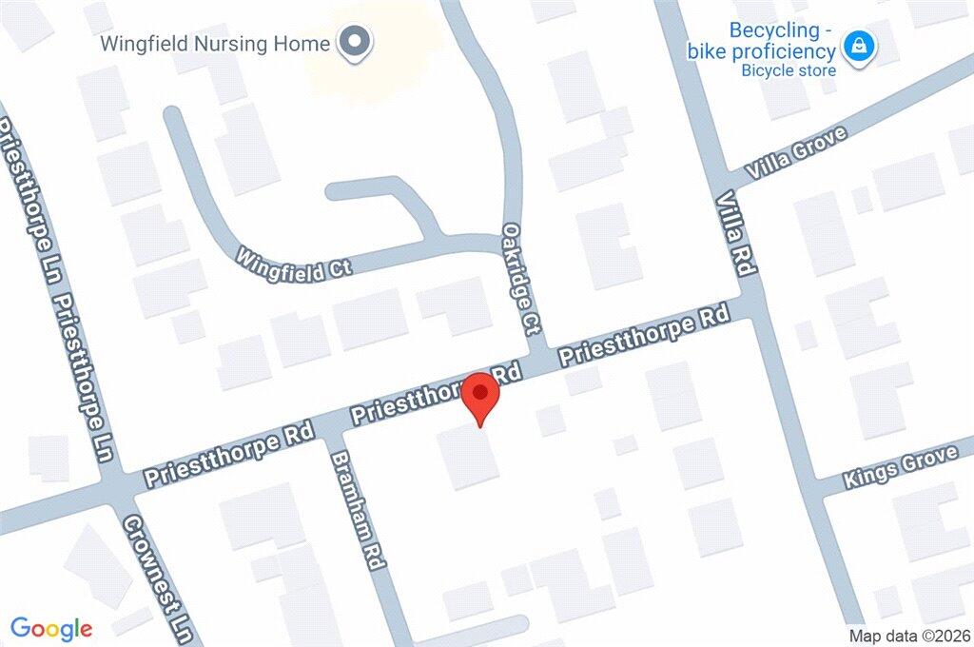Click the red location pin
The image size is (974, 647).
pos(481,396)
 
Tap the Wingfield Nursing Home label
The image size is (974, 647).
pos(216,43)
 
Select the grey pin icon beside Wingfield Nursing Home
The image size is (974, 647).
pos(357,42)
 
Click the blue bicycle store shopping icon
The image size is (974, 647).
pos(859,45)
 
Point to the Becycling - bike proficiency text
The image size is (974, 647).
pos(762,40)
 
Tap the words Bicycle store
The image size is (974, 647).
pos(789,70)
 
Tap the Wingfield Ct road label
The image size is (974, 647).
pos(294,263)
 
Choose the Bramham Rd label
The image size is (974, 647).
pos(357,509)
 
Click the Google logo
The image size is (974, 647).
pos(51,628)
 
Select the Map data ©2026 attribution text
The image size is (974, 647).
pos(909,636)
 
